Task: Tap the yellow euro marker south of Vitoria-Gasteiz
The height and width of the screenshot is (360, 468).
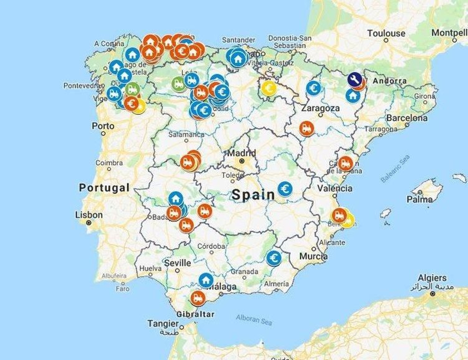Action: click(x=269, y=88)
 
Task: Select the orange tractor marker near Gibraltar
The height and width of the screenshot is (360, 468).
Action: click(x=198, y=298)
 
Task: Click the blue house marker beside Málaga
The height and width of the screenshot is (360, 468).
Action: click(x=206, y=280)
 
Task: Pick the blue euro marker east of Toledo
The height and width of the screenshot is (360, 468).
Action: click(x=285, y=189)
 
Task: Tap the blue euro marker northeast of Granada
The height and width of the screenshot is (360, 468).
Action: click(x=274, y=258)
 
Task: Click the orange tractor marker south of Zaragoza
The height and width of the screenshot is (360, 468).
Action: click(x=307, y=128)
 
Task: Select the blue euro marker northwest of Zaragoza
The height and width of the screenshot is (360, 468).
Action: click(x=314, y=88)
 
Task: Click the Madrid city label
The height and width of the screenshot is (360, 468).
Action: click(x=242, y=153)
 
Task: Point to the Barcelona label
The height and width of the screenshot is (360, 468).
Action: click(x=407, y=118)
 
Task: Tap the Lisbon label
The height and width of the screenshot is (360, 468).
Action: click(x=89, y=215)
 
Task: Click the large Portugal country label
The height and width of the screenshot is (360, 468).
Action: click(x=104, y=188)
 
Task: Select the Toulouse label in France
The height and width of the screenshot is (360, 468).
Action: click(x=386, y=33)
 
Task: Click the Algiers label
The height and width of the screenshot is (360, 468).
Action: click(x=432, y=278)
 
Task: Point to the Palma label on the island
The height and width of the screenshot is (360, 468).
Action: click(x=419, y=199)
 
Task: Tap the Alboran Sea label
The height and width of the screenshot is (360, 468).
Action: click(x=254, y=320)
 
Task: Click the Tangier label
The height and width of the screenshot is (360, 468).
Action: click(x=163, y=324)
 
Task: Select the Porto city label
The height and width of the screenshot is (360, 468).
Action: click(x=103, y=126)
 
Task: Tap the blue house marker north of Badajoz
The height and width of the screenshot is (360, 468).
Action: click(x=176, y=199)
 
